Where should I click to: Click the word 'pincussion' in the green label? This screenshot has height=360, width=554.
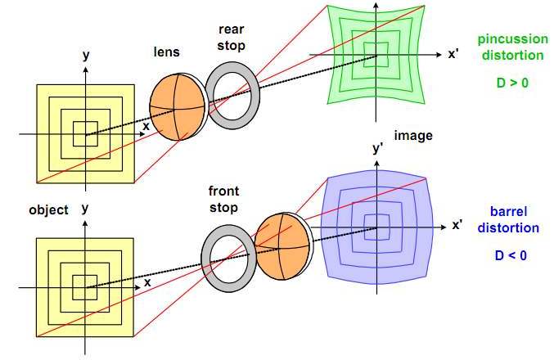click(x=511, y=39)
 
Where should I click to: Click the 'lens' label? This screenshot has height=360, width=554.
click(x=167, y=52)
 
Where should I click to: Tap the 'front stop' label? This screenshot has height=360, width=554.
click(x=223, y=198)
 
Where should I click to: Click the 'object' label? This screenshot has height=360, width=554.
click(x=48, y=209)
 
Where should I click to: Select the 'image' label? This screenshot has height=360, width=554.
click(x=413, y=135)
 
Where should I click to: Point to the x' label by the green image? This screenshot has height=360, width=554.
click(x=453, y=55)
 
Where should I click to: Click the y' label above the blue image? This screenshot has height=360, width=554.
click(x=377, y=148)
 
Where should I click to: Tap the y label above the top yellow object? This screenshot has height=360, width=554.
click(x=86, y=55)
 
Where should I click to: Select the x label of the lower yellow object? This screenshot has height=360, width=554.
click(x=147, y=282)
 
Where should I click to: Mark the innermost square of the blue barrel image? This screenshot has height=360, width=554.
click(x=377, y=227)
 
